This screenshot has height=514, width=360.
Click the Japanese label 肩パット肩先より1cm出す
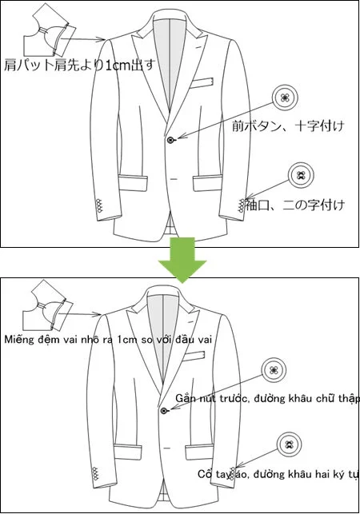pos(78,64)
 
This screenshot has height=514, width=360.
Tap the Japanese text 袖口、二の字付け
pos(295,205)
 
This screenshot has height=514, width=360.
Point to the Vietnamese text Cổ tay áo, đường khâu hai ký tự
pos(276,474)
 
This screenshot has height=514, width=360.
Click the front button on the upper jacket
pos(170,140)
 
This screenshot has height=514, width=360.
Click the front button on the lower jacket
pos(164,410)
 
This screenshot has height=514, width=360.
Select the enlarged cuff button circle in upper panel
pos(301,176)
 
